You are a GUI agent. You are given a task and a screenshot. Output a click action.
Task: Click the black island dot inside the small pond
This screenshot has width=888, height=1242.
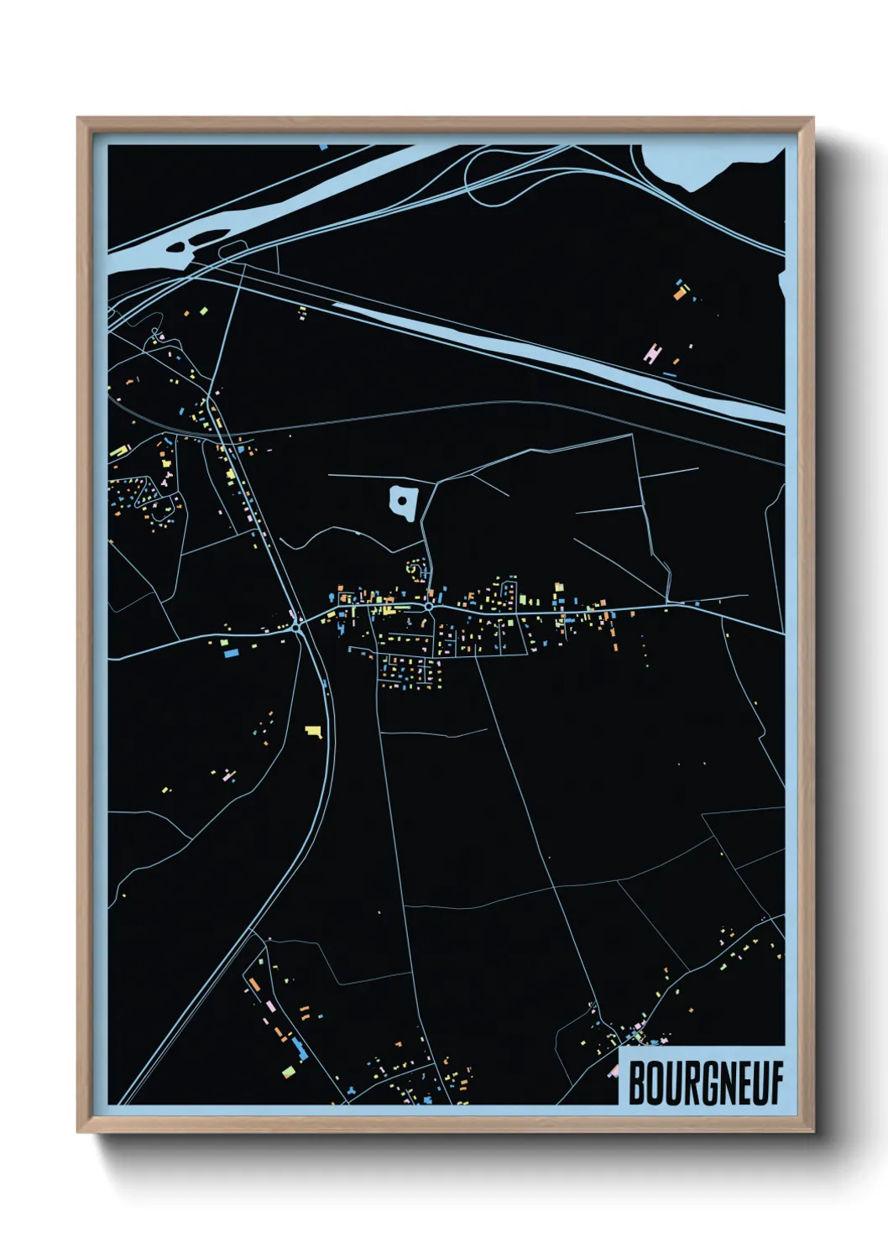pos(403,501)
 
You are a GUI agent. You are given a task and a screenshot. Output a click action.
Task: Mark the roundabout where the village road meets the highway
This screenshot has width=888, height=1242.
pos(296,625)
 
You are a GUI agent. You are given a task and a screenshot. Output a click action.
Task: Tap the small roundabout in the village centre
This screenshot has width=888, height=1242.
pos(428,605)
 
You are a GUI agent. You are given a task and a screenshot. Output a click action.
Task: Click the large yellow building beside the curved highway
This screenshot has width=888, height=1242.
pos(314,732)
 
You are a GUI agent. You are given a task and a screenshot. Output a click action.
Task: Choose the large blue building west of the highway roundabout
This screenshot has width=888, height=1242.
pos(228,650)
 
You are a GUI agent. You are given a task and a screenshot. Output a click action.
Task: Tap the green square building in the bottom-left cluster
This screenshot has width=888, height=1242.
pos(288,1072)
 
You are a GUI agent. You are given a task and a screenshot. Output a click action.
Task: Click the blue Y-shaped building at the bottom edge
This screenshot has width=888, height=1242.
pos(352,1090)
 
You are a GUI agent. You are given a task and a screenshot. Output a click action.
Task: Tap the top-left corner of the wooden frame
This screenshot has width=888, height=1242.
pos(78,118)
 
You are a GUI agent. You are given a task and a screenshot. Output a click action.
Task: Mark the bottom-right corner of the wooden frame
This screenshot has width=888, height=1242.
pos(813,1132)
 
